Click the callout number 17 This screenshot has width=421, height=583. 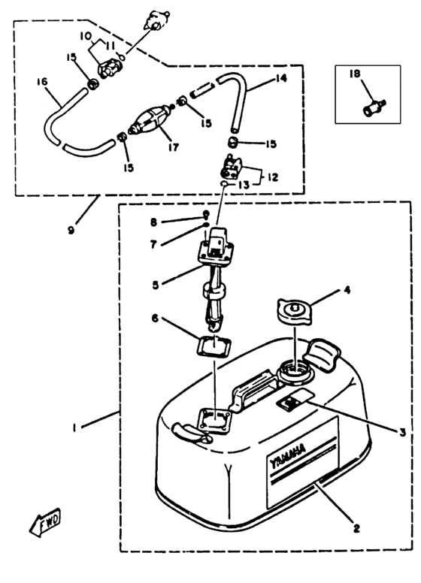(174, 147)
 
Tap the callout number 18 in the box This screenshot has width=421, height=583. (355, 74)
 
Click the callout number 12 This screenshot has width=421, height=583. (273, 177)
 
